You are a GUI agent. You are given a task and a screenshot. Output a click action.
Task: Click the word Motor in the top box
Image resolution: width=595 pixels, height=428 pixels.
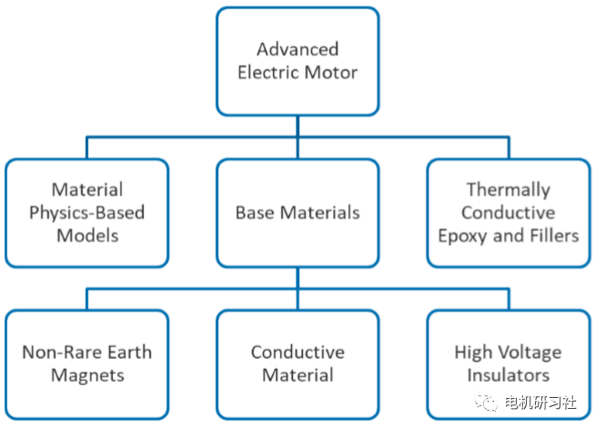pos(333,71)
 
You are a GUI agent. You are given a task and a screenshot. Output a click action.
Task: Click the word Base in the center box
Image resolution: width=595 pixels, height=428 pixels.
pos(254,213)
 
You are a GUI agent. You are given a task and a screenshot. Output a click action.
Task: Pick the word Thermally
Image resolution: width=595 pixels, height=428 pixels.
pos(508,190)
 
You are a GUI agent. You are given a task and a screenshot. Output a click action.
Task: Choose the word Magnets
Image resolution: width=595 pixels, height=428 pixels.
pos(86,374)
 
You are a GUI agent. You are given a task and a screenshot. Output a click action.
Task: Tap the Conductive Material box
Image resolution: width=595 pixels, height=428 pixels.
pos(297,363)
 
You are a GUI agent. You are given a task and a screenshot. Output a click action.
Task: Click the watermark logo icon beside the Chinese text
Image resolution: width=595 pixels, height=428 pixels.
pos(492,402)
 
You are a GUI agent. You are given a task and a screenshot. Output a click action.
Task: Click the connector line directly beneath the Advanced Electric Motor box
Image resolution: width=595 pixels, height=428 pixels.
pos(297,127)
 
